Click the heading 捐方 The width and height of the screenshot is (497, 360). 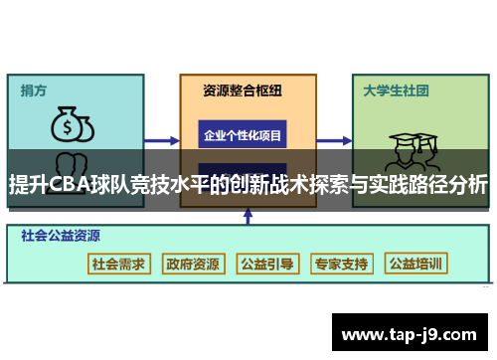point(34,90)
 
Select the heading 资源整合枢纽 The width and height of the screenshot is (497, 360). point(243,90)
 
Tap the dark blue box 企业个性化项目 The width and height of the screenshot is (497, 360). point(243,134)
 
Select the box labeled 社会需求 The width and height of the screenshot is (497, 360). point(118,264)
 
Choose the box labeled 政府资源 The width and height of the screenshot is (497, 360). point(193,264)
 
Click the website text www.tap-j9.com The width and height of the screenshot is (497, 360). point(409,333)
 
